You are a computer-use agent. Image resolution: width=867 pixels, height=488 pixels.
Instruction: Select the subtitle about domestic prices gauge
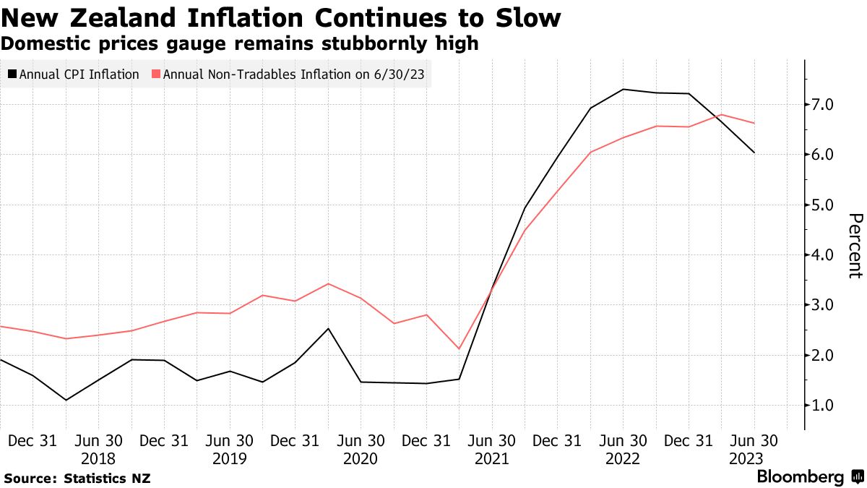(239, 43)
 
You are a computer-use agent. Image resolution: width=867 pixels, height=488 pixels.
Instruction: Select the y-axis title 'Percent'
(855, 246)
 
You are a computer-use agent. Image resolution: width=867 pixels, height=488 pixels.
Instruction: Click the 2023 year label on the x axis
(754, 458)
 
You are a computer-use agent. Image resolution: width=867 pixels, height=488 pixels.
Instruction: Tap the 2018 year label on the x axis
(99, 458)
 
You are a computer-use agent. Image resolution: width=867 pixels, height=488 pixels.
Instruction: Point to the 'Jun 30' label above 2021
(492, 440)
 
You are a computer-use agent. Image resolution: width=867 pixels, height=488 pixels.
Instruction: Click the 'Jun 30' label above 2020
(361, 440)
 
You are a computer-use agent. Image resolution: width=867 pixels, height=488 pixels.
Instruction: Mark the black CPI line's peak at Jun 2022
(623, 90)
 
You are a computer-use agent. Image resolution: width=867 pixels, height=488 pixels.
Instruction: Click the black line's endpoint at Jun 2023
(754, 153)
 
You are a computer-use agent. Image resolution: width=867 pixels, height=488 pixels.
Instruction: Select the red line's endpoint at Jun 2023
(754, 124)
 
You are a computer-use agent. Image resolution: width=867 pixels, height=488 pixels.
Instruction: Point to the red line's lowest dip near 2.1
(459, 348)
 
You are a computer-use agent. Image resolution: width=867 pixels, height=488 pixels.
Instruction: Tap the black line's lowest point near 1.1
(66, 400)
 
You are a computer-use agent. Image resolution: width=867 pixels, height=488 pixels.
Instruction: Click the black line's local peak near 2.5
(329, 329)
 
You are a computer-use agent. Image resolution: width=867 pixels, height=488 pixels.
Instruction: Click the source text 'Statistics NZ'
(107, 478)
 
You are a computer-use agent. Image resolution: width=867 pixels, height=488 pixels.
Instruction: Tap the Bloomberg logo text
(800, 477)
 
